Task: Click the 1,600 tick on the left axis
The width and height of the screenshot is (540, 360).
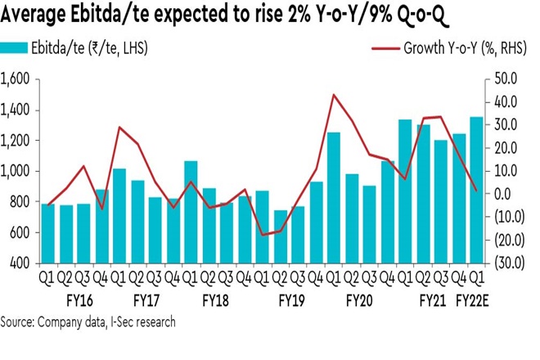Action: point(16,79)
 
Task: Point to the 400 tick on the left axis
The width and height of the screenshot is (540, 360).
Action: point(20,265)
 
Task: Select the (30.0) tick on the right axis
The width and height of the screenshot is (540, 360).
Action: point(501,263)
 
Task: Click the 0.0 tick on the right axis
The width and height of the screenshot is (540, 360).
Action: point(501,194)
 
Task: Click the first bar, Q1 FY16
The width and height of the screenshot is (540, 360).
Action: point(47,234)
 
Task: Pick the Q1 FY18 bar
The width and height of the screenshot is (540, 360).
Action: point(191,213)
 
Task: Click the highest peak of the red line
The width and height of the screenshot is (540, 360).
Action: point(333,95)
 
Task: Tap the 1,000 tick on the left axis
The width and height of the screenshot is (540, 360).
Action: point(16,172)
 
